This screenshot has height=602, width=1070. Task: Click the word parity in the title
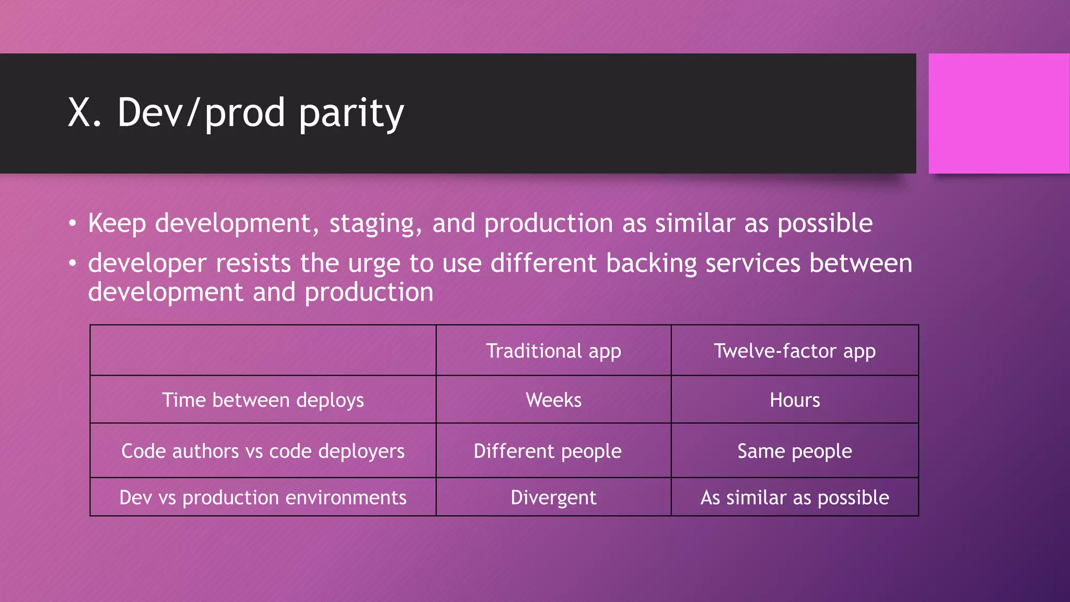[x=352, y=113]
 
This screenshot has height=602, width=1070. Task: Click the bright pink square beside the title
[x=998, y=113]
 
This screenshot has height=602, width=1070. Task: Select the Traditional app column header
[x=553, y=351]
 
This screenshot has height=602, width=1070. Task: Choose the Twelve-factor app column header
[x=794, y=351]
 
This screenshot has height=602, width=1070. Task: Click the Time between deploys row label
[x=263, y=400]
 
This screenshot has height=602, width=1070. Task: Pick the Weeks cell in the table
[x=553, y=400]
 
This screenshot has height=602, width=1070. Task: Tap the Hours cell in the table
[x=794, y=400]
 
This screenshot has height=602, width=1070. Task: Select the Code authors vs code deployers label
[x=263, y=451]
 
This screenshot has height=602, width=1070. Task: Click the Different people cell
[x=547, y=451]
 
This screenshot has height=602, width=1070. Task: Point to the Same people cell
[x=794, y=451]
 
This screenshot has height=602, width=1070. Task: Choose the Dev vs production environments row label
[x=263, y=497]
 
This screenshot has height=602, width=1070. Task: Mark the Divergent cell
[x=553, y=497]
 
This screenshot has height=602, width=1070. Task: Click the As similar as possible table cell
[x=794, y=497]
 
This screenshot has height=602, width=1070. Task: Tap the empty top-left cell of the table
[x=263, y=350]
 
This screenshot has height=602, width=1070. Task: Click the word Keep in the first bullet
[x=117, y=224]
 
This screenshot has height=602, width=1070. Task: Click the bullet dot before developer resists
[x=73, y=263]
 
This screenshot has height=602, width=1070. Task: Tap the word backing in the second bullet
[x=651, y=263]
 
